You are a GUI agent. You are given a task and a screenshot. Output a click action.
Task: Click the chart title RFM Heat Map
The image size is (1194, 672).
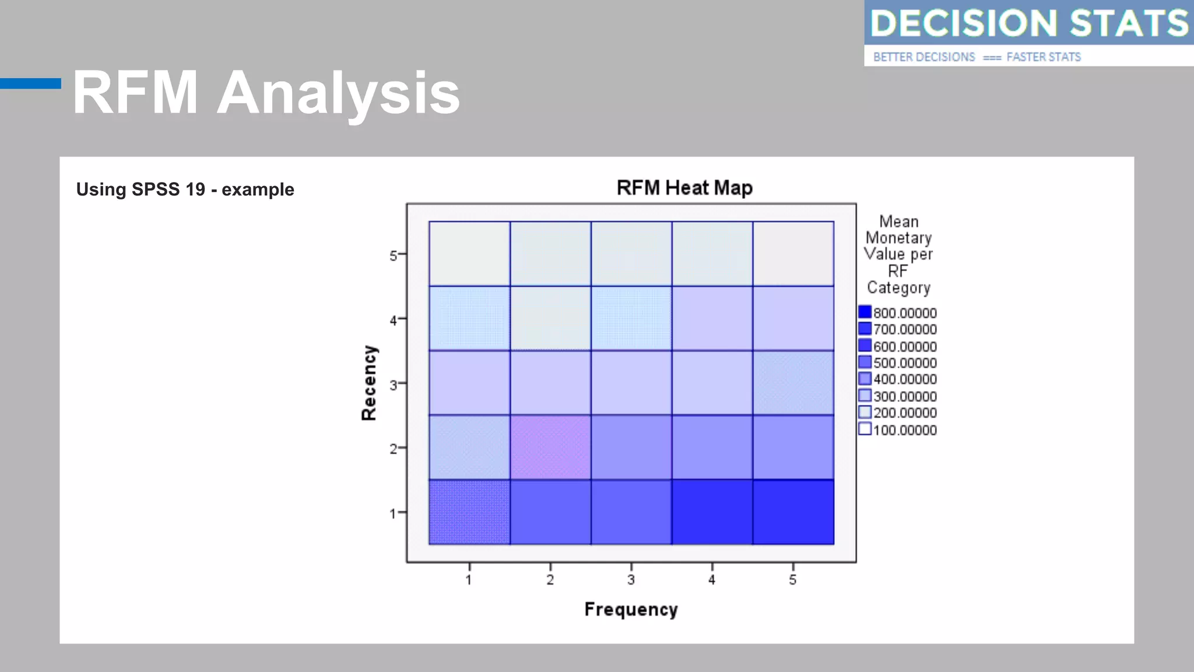[x=684, y=188]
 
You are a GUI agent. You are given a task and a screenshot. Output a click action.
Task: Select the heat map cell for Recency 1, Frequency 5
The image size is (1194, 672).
[x=793, y=512]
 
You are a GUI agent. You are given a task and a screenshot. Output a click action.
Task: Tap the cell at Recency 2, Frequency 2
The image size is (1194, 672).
[x=550, y=447]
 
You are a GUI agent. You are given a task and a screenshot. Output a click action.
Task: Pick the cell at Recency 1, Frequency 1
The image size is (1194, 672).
[x=469, y=512]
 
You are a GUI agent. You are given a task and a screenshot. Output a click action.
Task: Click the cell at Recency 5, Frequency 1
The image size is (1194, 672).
[x=469, y=254]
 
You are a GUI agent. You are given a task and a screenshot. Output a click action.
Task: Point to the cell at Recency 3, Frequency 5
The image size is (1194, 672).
[x=793, y=383]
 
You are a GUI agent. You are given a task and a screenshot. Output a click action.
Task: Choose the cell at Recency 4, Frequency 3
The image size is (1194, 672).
[x=631, y=318]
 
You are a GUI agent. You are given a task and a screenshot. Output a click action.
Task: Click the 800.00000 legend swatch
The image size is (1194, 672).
[x=865, y=312]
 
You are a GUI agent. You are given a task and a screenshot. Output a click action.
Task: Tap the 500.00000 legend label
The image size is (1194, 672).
[x=905, y=363]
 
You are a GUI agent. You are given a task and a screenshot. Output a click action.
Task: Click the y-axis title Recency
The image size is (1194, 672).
[x=369, y=383]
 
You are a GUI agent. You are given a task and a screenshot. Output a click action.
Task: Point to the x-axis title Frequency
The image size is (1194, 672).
[x=631, y=610]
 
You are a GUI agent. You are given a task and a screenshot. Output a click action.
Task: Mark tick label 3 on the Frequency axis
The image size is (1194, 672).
[x=631, y=580]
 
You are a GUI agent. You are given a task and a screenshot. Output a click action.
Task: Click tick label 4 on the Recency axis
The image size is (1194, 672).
[x=394, y=320]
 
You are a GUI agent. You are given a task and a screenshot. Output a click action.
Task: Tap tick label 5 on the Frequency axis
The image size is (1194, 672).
[x=792, y=580]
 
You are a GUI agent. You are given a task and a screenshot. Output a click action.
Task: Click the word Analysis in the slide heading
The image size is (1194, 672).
[x=338, y=93]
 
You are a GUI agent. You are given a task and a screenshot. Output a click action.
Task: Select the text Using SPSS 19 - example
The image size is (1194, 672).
[x=185, y=190]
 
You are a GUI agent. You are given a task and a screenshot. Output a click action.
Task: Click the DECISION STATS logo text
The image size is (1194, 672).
[x=1028, y=23]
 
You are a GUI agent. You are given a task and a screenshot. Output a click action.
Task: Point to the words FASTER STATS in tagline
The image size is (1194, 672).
[x=1044, y=57]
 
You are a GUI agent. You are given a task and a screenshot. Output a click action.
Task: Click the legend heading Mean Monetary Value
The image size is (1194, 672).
[x=898, y=237]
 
